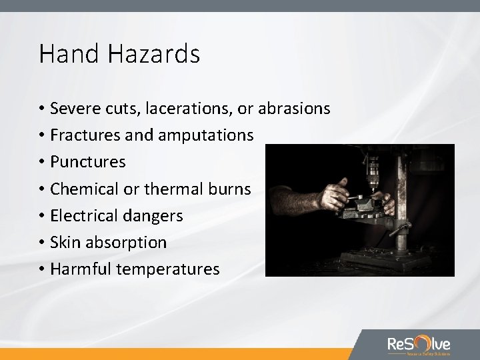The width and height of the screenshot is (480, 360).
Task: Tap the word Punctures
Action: (88, 162)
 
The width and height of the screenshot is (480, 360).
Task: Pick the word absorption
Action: (126, 243)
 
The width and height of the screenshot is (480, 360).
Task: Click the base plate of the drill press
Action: (373, 263)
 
